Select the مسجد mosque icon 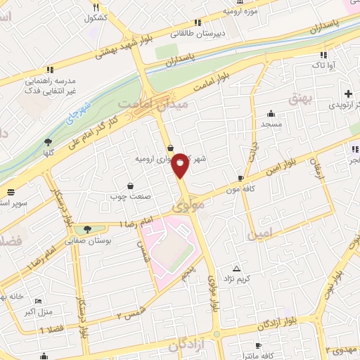point(271,113)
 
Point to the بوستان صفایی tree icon point(87,229)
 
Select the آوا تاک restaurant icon point(323,55)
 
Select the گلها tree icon point(49,141)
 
